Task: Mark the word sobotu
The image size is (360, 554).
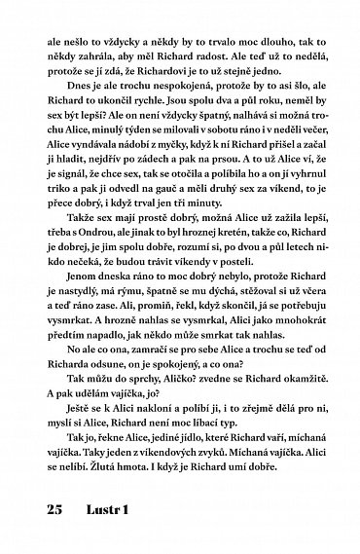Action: (229, 171)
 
